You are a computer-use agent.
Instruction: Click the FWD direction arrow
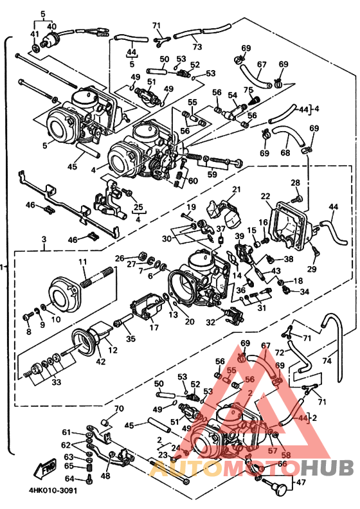coord(46,468)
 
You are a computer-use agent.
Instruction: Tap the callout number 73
coord(197,46)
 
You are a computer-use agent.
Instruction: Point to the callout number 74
coord(327,360)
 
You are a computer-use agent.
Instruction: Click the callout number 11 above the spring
coord(83,262)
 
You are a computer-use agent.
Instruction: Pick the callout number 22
coord(265,196)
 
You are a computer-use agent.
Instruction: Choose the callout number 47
coord(301,482)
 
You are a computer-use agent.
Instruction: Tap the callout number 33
coord(56,382)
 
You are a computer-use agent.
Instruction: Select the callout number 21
coord(237,189)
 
